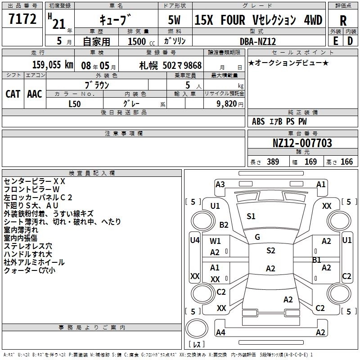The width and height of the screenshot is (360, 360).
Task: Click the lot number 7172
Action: tap(22, 20)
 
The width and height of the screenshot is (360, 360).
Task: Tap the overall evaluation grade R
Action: tap(343, 20)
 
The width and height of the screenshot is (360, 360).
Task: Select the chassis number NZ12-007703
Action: tap(302, 143)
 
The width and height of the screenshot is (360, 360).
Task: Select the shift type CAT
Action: tap(13, 94)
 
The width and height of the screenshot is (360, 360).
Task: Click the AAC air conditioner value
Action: tap(34, 94)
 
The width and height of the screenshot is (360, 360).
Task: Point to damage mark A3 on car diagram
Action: tap(220, 184)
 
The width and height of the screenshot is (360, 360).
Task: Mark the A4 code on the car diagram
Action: tap(220, 333)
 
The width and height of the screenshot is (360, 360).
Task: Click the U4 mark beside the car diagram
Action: tap(194, 240)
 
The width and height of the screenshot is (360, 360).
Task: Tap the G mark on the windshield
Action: tap(257, 237)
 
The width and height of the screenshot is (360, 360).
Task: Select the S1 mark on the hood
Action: tap(251, 216)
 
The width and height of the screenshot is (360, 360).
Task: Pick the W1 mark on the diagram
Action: tap(215, 241)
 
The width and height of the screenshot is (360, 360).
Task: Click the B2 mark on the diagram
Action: tap(224, 225)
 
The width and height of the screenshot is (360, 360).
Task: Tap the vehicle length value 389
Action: tap(272, 162)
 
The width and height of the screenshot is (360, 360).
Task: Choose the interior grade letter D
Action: tap(350, 41)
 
